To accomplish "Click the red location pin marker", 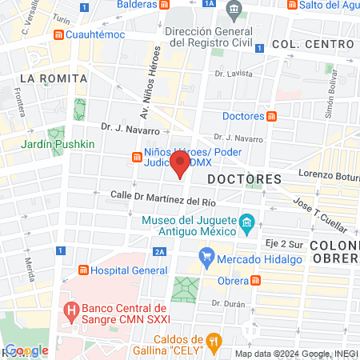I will [x=181, y=166].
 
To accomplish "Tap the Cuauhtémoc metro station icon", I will [x=58, y=35].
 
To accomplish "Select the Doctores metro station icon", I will [x=271, y=116].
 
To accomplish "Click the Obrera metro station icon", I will [x=255, y=280].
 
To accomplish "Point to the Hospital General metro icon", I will [x=82, y=270].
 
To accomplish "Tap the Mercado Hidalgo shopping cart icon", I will [x=206, y=257].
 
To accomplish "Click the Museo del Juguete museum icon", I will [x=247, y=221].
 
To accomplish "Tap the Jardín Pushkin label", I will [x=58, y=144].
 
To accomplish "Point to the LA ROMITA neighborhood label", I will [x=49, y=78].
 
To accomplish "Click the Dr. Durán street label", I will [x=226, y=303].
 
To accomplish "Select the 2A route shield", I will [x=160, y=251].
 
